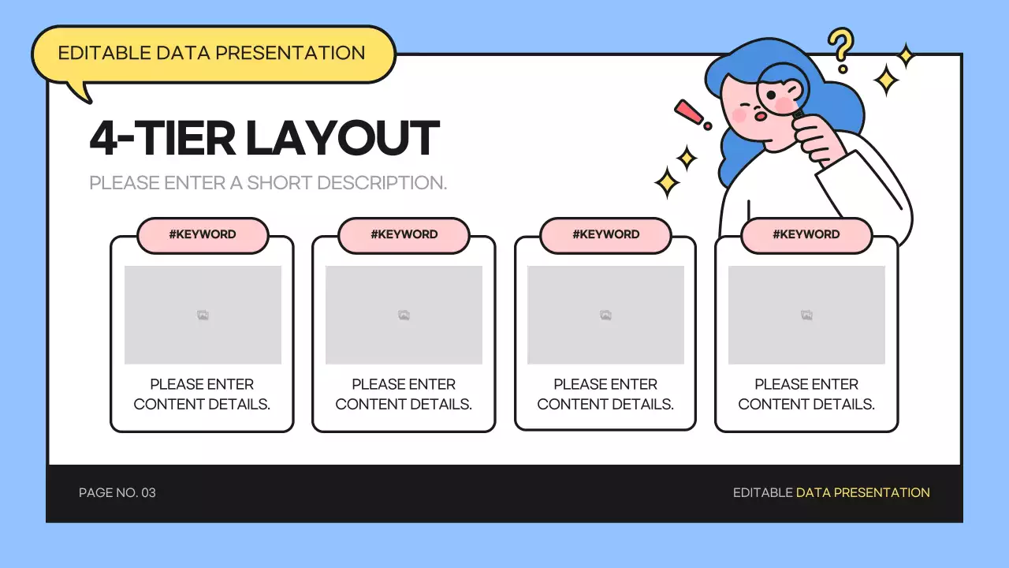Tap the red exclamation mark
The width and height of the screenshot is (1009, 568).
tap(691, 114)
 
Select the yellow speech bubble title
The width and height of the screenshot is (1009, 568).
tap(212, 54)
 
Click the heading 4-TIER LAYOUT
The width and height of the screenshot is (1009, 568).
tap(264, 138)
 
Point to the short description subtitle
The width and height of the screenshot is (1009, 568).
tap(268, 183)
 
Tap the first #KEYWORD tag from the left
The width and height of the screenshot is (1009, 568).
tap(203, 234)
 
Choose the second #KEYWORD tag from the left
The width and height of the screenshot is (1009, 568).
tap(404, 234)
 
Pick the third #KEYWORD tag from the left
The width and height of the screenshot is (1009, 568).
tap(605, 234)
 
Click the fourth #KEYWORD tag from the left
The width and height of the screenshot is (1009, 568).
tap(806, 234)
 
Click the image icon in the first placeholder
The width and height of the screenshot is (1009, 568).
tap(203, 316)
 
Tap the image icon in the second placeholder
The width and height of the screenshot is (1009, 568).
tap(404, 316)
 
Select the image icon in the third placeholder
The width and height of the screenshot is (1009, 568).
tap(605, 316)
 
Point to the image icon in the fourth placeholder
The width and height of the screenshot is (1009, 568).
tap(806, 316)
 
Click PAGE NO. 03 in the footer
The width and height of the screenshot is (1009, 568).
tap(117, 493)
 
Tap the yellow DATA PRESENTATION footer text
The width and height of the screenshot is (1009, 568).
tap(862, 493)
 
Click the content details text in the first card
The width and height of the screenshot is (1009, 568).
tap(202, 394)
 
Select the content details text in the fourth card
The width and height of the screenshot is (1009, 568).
tap(806, 394)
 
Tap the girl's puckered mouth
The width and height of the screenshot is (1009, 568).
tap(761, 117)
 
